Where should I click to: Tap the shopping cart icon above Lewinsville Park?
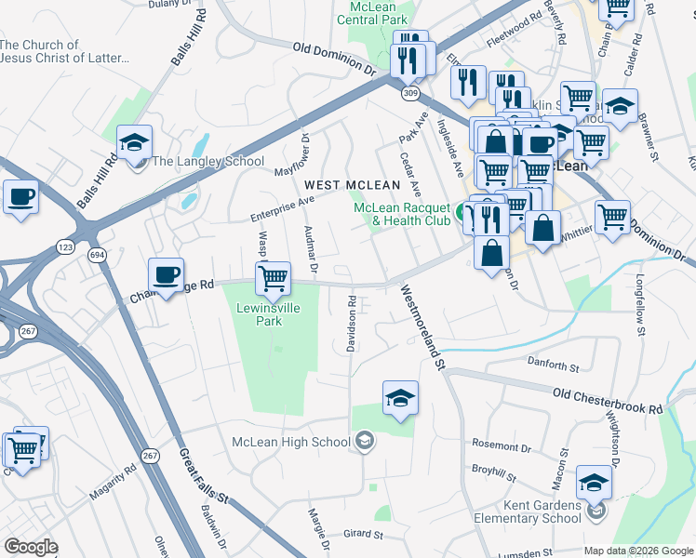pos(273,276)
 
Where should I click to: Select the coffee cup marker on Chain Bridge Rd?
pos(167,274)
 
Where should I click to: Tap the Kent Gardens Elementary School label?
pos(535,512)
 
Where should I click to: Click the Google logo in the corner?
pos(31,547)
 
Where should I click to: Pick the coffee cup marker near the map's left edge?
pos(20,197)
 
